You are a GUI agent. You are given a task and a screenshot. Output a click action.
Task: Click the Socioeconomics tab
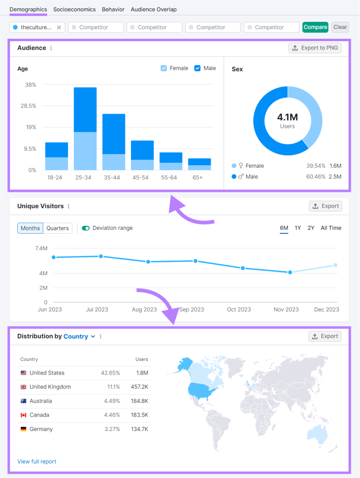point(74,9)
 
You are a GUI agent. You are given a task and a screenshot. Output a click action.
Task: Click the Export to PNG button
point(315,48)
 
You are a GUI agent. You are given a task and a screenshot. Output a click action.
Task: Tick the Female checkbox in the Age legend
point(164,68)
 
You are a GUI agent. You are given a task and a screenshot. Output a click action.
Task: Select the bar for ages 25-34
point(85,129)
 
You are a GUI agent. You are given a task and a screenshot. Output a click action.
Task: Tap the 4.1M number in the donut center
point(288,117)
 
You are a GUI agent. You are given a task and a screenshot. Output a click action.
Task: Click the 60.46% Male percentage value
point(316,176)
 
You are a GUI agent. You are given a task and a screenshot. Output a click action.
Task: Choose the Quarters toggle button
point(58,228)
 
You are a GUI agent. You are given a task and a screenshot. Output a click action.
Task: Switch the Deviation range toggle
point(86,228)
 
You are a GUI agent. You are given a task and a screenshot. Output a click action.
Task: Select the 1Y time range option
point(297,228)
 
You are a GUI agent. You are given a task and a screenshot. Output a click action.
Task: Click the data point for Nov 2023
point(290,272)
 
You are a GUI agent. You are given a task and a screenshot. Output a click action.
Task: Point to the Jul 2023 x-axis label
point(97,309)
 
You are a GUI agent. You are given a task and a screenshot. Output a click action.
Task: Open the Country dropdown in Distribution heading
point(79,336)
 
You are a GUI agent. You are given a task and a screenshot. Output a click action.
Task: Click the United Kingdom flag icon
point(23,387)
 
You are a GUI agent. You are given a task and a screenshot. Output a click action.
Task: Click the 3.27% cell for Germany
point(112,429)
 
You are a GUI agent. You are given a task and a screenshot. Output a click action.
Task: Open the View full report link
point(37,462)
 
